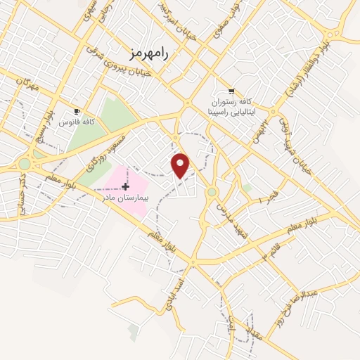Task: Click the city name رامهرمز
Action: [x=151, y=51]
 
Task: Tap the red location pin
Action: [x=181, y=165]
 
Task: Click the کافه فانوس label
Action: [x=79, y=122]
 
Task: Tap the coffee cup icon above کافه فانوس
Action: [x=77, y=111]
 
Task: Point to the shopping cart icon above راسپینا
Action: [x=231, y=91]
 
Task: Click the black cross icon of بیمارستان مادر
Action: [x=125, y=186]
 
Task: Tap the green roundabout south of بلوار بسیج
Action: [x=25, y=164]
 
